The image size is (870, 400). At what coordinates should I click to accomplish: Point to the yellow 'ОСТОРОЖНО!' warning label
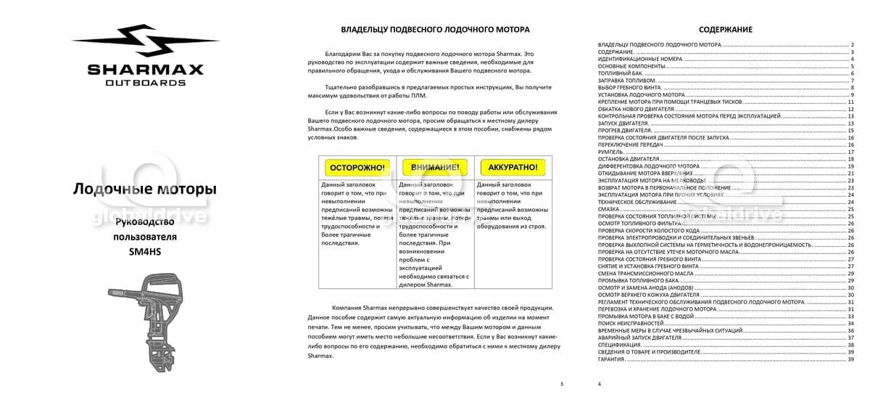tap(357, 167)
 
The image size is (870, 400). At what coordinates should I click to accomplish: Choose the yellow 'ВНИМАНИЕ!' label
tap(435, 167)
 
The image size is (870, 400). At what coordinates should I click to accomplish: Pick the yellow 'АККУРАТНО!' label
tap(513, 167)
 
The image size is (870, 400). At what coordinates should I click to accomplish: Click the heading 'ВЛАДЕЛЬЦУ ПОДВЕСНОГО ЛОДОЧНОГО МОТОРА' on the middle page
tap(435, 30)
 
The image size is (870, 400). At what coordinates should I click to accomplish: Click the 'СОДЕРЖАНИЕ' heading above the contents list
tap(725, 30)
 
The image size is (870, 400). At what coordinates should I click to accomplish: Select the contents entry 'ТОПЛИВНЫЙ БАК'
tap(621, 73)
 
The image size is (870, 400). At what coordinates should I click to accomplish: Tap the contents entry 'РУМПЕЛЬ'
tap(610, 152)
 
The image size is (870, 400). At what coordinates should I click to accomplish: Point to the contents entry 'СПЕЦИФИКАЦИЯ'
tap(619, 345)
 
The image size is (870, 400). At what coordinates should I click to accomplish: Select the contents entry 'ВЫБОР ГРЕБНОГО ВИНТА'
tap(629, 88)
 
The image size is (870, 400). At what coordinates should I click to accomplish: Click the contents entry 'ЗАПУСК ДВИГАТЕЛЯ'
tap(623, 123)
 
